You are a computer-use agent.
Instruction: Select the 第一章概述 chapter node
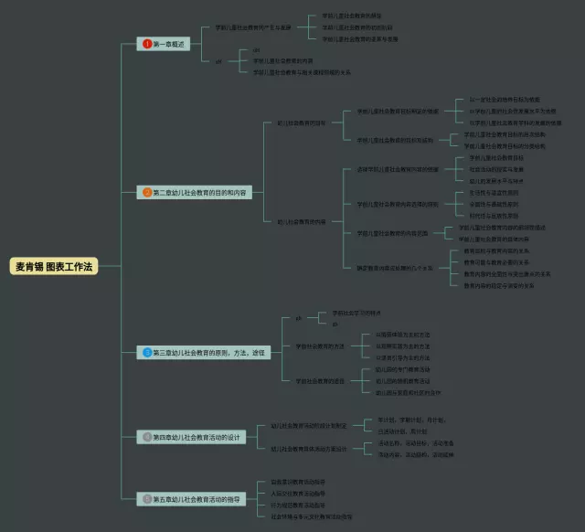tap(167, 44)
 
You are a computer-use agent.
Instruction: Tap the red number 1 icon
tap(146, 44)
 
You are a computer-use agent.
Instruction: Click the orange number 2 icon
tap(146, 193)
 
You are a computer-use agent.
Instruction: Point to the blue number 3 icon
tap(146, 352)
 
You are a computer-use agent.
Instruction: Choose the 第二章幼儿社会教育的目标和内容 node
tap(202, 193)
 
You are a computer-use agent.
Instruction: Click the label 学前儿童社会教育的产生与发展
tap(253, 27)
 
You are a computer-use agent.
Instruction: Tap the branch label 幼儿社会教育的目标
tap(302, 122)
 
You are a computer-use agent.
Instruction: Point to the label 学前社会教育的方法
tap(320, 346)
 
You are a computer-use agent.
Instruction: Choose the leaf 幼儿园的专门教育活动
tap(409, 369)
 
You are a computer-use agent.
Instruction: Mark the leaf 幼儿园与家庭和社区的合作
tap(409, 392)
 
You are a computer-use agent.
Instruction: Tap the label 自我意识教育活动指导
tap(298, 482)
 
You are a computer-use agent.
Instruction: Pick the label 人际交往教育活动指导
tap(298, 494)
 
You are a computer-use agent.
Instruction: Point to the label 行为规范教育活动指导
tap(298, 505)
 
